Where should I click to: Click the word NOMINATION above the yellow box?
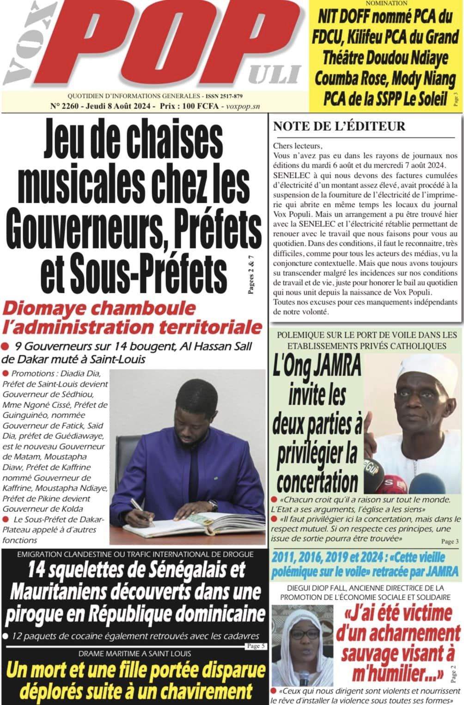pyautogui.click(x=386, y=3)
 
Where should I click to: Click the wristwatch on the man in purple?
pyautogui.click(x=213, y=504)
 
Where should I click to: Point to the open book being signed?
pyautogui.click(x=199, y=524)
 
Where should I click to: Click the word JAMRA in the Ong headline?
pyautogui.click(x=338, y=367)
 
